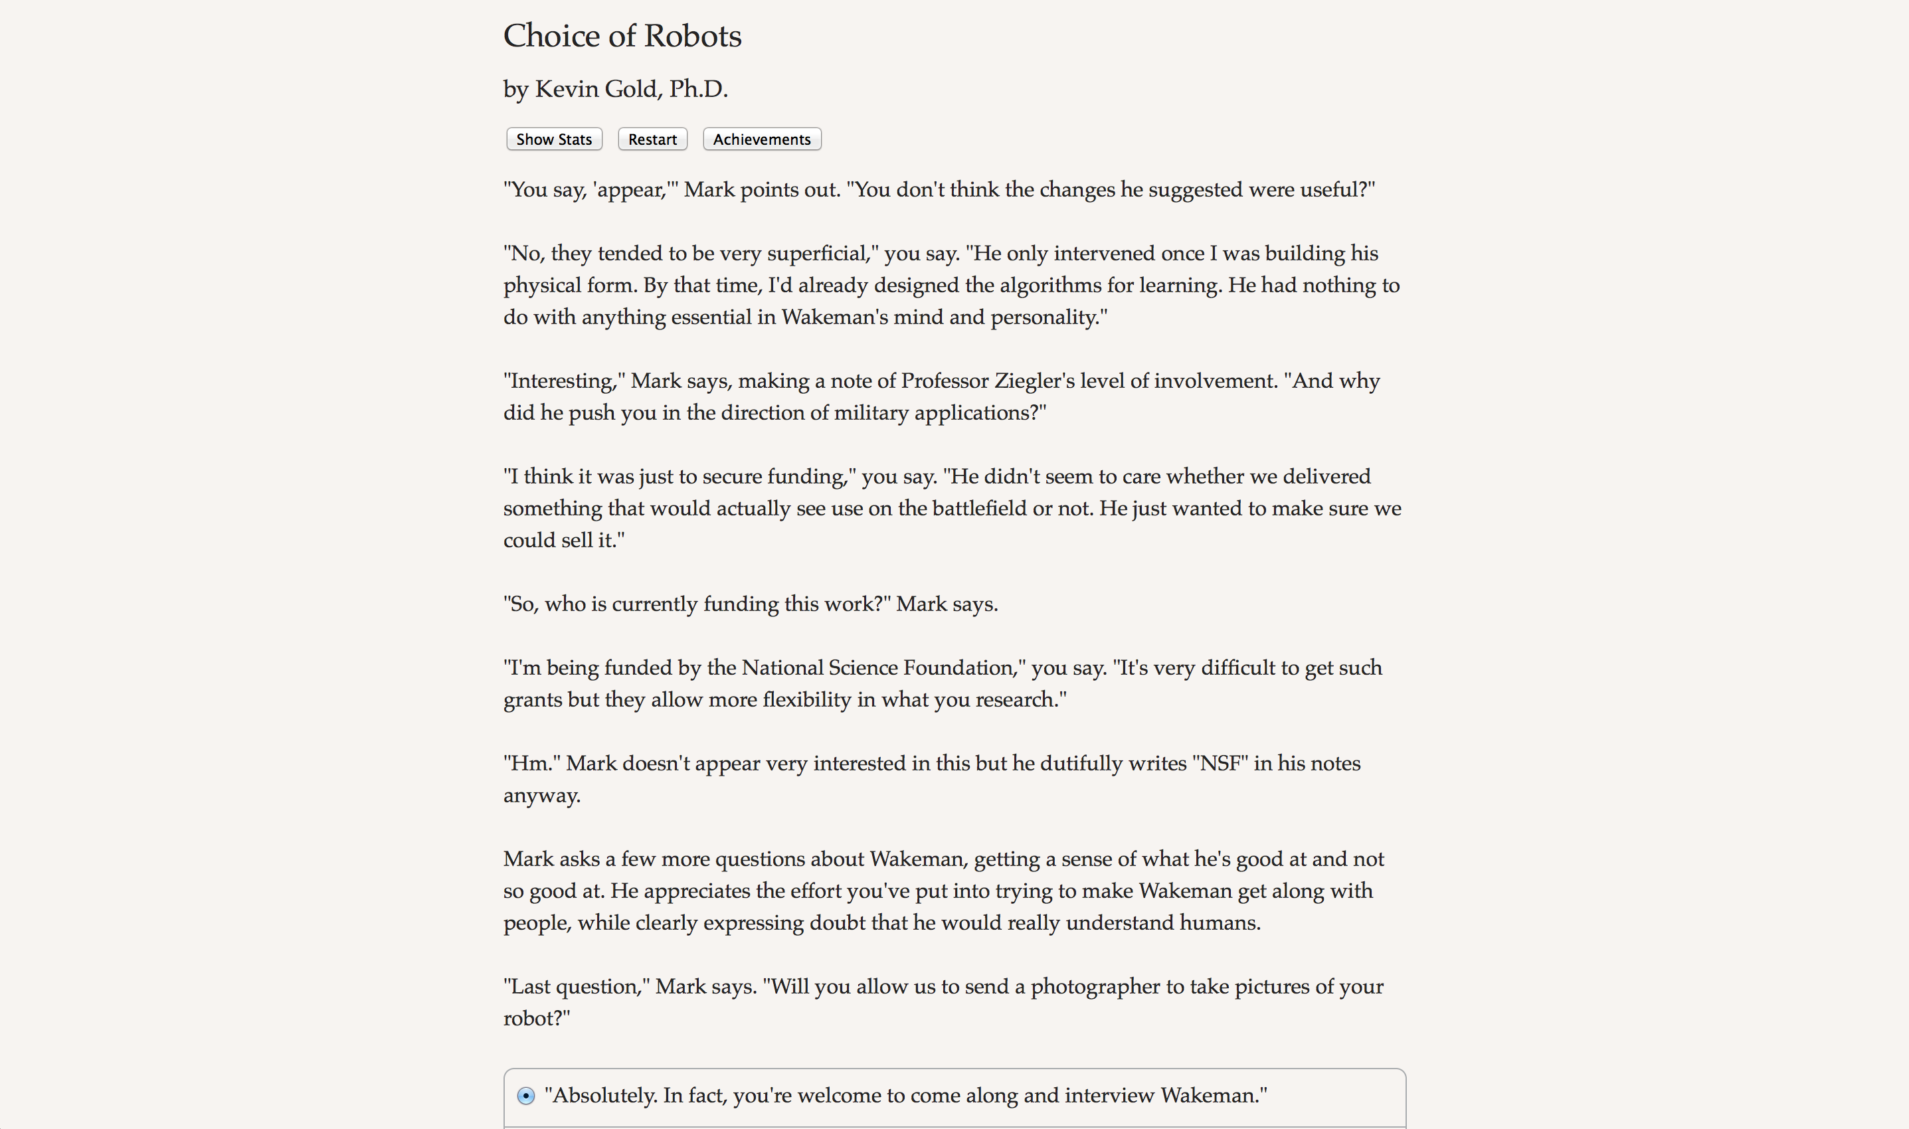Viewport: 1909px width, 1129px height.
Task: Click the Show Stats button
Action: point(554,139)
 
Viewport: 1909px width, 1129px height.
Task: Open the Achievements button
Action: point(762,139)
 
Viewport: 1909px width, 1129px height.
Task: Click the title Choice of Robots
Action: point(622,36)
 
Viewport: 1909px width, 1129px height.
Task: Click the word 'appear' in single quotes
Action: point(628,189)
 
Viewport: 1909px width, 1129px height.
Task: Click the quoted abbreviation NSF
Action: point(1220,763)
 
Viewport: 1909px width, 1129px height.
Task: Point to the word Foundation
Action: point(964,668)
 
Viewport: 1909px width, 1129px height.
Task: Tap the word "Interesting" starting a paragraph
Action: point(563,381)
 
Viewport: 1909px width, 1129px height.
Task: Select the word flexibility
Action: point(806,700)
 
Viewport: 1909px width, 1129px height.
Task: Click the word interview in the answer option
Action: point(1109,1096)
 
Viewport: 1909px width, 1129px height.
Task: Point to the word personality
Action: point(1047,317)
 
